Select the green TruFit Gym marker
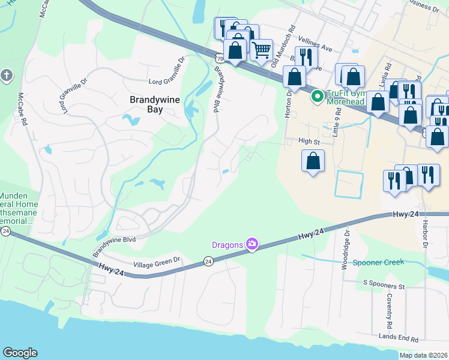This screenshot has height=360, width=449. (316, 96)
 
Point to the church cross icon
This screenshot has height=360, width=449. (6, 75)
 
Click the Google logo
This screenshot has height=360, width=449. (20, 353)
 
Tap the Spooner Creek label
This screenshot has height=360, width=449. (378, 262)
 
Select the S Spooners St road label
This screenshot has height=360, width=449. (384, 281)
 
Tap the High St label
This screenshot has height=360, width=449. (309, 142)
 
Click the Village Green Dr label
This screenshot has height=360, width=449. (157, 260)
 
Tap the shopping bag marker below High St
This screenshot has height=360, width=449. (313, 161)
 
